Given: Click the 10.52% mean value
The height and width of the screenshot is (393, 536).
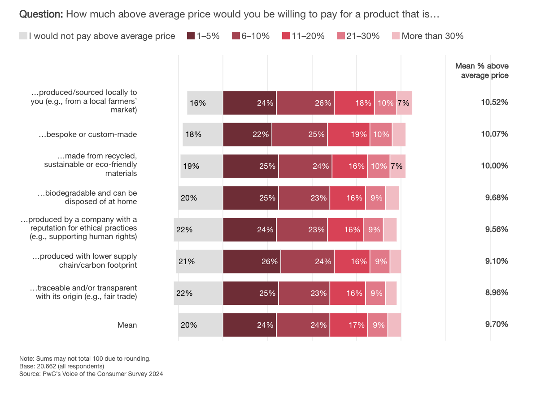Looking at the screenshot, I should tap(494, 103).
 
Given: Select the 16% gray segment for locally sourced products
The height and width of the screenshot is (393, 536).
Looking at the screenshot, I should tap(205, 103).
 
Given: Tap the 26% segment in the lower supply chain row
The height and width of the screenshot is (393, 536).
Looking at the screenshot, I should tap(252, 261).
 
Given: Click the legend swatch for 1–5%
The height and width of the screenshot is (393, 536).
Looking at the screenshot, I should tap(191, 36).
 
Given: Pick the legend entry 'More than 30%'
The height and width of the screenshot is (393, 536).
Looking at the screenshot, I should tap(432, 36).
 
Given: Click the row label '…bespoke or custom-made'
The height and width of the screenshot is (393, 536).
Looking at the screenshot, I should tap(87, 134).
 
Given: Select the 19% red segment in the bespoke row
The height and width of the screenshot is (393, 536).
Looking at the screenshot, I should tap(349, 134).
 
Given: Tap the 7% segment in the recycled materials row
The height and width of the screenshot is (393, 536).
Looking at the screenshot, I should tap(397, 166).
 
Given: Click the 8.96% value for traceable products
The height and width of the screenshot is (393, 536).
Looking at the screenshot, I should tap(495, 293).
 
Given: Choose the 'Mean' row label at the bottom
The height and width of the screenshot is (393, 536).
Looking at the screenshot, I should tap(127, 325).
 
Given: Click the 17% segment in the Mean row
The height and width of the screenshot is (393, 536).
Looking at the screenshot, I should tap(349, 325).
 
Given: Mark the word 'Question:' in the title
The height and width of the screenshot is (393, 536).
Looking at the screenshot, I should tap(41, 14).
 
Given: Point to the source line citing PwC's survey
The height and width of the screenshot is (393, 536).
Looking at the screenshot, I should tap(91, 373).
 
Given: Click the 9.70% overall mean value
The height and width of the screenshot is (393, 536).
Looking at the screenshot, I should tap(495, 325).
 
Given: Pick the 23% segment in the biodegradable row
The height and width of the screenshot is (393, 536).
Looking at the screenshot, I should tap(304, 198).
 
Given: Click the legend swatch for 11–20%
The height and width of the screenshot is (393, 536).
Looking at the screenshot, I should tap(286, 36).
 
